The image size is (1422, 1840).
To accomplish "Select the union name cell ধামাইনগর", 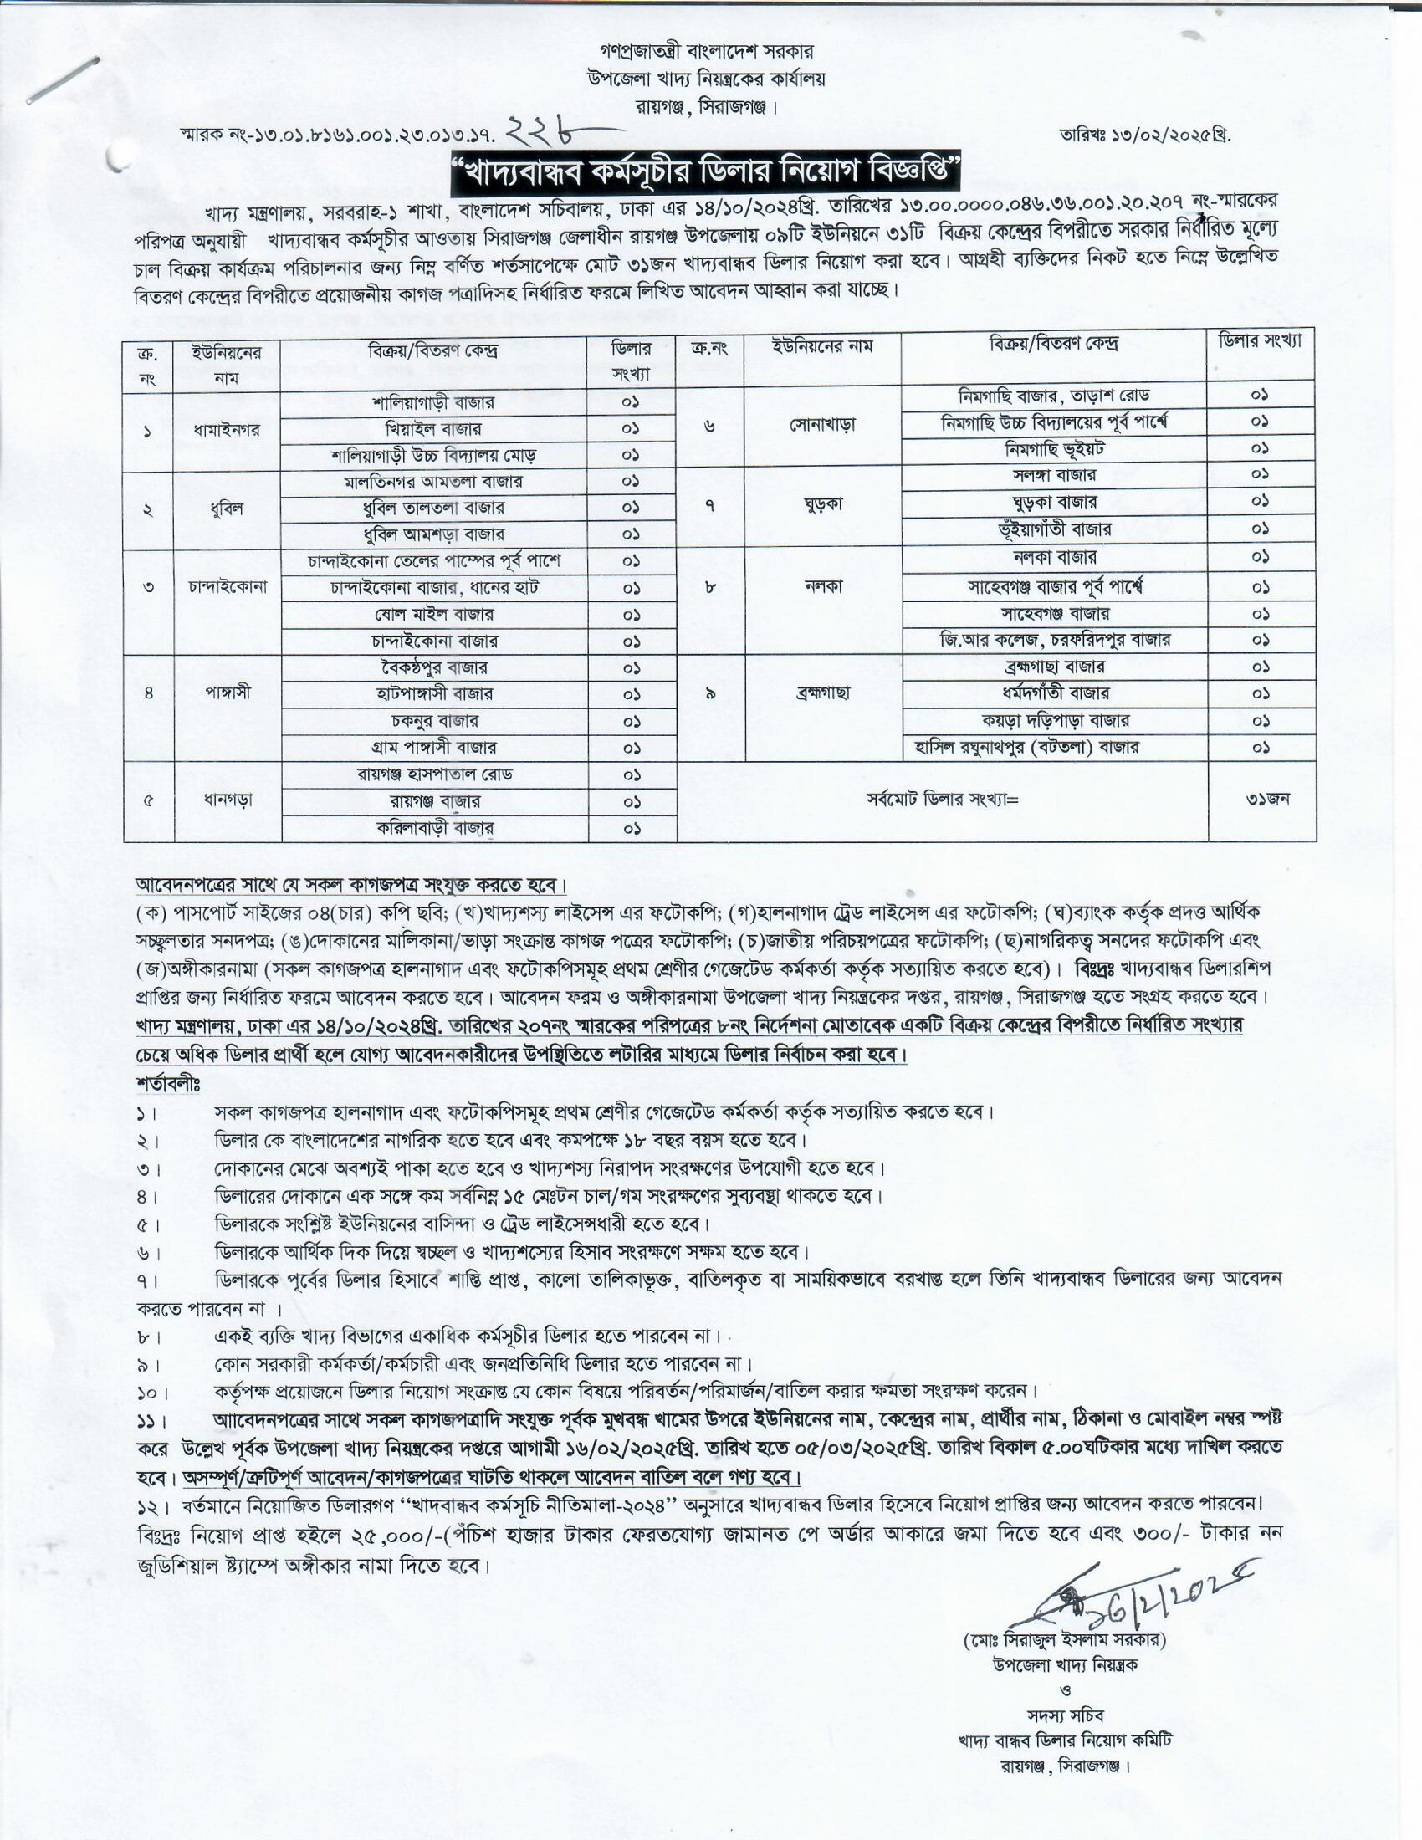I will [227, 429].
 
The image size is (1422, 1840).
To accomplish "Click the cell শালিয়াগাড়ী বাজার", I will [434, 403].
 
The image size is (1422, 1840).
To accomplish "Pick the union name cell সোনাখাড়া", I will [822, 424].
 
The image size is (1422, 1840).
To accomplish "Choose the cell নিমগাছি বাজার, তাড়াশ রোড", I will [1054, 395].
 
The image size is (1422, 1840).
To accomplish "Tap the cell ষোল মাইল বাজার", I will [434, 614].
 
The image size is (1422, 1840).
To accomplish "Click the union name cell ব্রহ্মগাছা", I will [822, 693].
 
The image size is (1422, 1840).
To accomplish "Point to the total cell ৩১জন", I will [1261, 799].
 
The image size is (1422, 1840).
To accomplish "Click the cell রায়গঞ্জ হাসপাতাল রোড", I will [434, 774].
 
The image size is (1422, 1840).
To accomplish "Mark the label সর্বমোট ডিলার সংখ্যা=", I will [942, 800].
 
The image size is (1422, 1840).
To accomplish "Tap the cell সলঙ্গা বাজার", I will [1054, 475].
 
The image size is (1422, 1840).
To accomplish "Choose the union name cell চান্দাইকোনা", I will [227, 586].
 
